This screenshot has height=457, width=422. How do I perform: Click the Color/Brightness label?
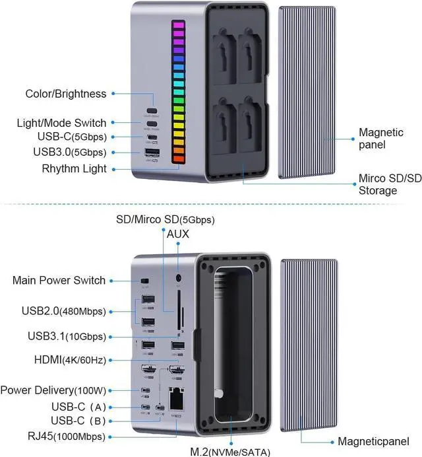pos(65,94)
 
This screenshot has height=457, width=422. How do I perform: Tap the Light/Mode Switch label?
pos(61,123)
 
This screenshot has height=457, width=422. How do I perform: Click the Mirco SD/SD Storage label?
pos(390,184)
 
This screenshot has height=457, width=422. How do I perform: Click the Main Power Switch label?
pos(59,280)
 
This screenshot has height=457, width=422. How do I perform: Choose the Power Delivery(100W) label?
pos(53,390)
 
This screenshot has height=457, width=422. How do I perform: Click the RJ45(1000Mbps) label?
pos(55,435)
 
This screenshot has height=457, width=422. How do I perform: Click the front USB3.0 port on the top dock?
pos(152,154)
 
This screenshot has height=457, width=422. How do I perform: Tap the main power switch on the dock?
pos(144,281)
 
